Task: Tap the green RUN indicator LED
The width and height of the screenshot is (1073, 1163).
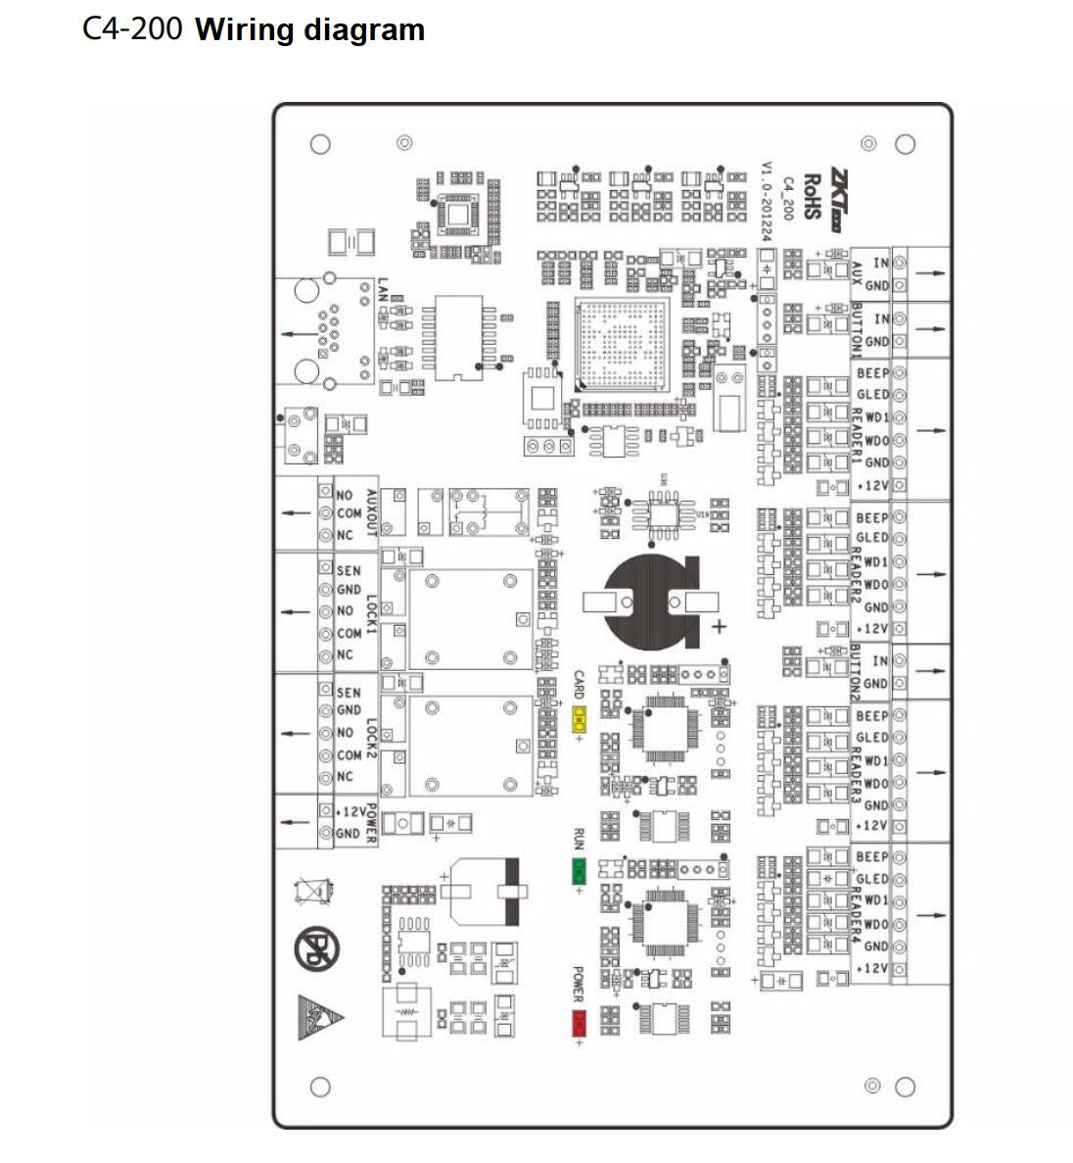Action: click(579, 869)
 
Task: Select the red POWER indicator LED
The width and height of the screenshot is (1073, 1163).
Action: click(579, 1022)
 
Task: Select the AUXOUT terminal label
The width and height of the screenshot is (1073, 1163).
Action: click(371, 513)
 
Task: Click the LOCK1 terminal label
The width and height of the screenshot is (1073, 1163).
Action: click(371, 612)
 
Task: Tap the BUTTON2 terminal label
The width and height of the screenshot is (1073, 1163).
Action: click(855, 672)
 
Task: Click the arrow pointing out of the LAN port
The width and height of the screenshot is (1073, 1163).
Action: click(294, 335)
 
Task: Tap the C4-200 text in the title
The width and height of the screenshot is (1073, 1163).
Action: click(132, 29)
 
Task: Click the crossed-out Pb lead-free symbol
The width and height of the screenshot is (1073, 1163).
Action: click(316, 948)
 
